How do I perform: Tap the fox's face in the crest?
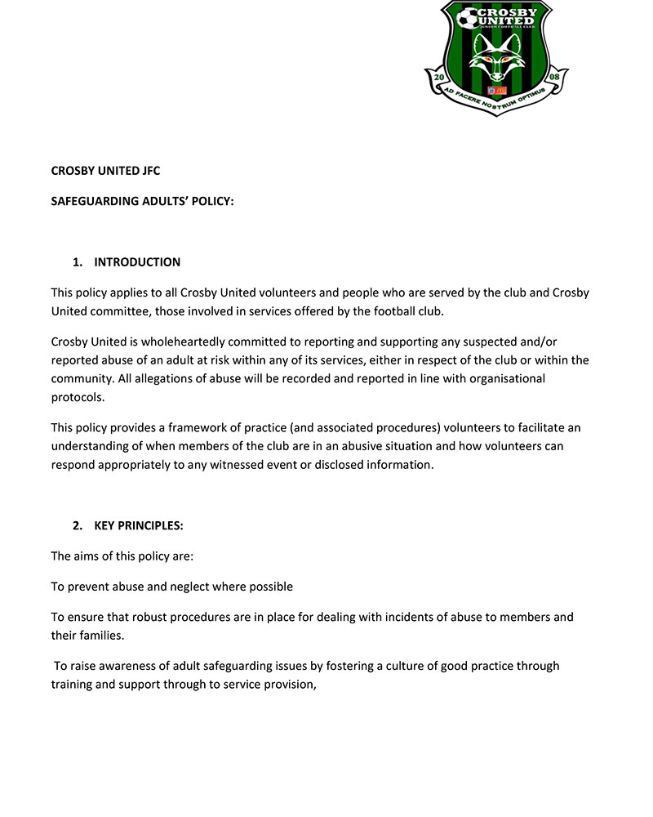[496, 60]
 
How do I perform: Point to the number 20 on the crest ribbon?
[439, 78]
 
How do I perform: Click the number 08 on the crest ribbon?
[553, 78]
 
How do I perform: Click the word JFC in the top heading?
[149, 172]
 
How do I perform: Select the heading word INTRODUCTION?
[137, 262]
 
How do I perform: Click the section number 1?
[78, 262]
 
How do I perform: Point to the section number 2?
[78, 525]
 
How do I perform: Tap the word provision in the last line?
[287, 684]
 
